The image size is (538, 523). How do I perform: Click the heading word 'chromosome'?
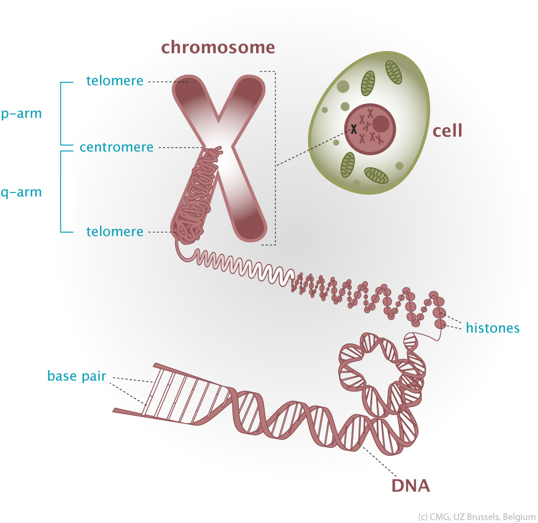point(218,47)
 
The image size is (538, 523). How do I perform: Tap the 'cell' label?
point(448,131)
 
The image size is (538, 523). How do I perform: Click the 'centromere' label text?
point(116,147)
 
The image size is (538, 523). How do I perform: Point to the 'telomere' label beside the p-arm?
point(115,81)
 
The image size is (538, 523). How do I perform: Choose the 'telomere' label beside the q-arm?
point(115,232)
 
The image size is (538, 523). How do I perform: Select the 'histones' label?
point(493,327)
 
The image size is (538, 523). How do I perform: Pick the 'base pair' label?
point(77,375)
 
